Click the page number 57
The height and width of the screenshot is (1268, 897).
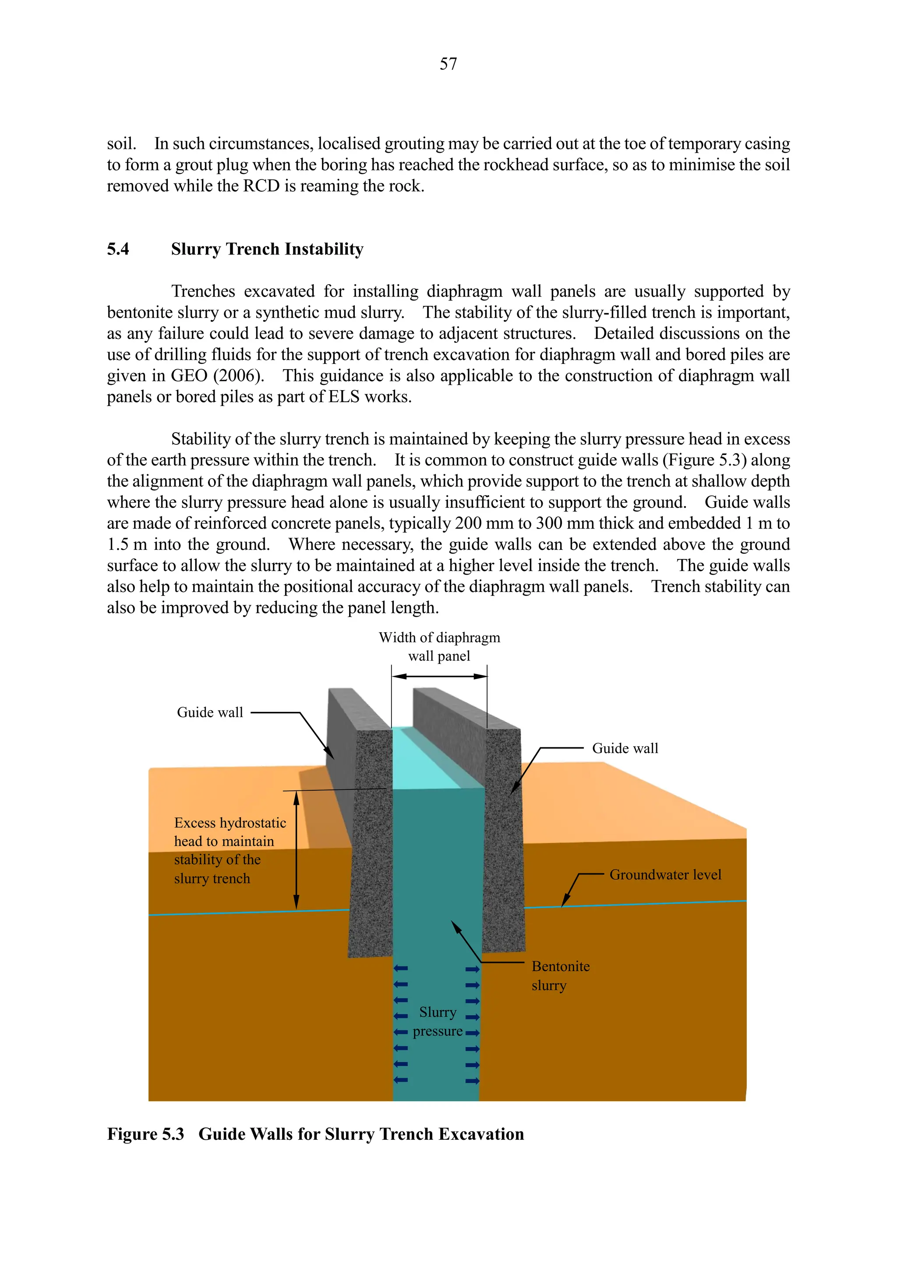[x=448, y=64]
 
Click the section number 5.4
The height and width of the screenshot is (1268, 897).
[x=118, y=249]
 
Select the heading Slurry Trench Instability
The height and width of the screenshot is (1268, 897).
[x=267, y=249]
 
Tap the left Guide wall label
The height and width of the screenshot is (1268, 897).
[x=209, y=712]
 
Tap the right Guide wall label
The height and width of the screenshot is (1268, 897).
[x=625, y=748]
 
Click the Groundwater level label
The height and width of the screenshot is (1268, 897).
[x=665, y=875]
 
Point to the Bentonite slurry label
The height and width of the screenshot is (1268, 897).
[x=560, y=976]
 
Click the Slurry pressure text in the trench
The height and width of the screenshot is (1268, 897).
[x=438, y=1021]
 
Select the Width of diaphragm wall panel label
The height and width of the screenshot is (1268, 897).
[x=439, y=647]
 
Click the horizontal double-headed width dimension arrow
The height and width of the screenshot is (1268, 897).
[x=440, y=676]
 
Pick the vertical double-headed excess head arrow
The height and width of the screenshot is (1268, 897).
[x=296, y=850]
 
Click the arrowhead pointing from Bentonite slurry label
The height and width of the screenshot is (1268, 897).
[x=455, y=926]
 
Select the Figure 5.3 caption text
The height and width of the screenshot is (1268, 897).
[x=315, y=1134]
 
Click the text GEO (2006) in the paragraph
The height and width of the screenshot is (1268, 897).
[x=215, y=376]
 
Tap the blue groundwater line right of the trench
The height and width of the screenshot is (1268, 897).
[x=652, y=904]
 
